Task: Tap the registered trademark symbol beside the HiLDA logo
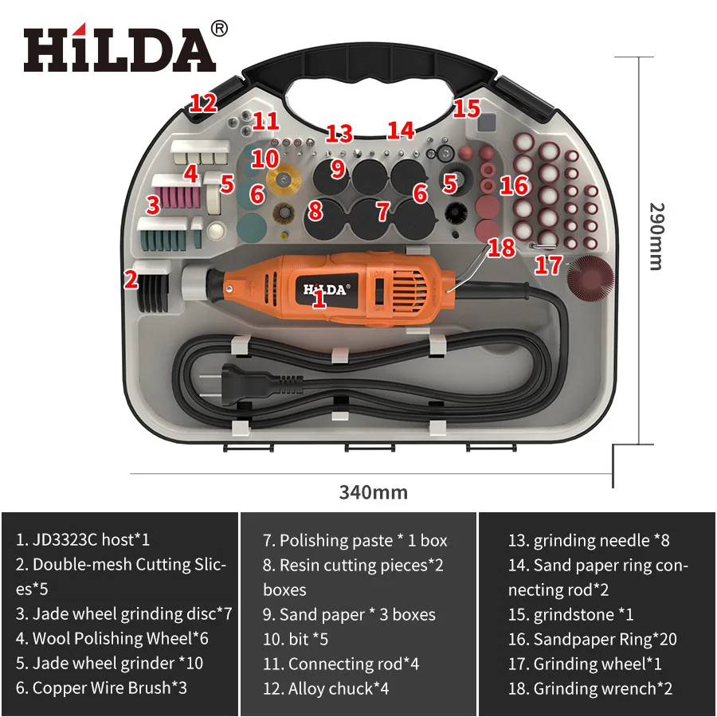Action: click(220, 28)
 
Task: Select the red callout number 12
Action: click(203, 102)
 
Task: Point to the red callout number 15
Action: click(467, 108)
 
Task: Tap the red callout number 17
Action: click(548, 265)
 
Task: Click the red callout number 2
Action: click(130, 280)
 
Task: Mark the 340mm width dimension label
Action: click(373, 492)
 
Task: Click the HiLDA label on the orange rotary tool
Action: click(325, 289)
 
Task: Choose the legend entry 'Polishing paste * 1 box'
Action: click(355, 540)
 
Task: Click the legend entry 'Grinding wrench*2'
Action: click(590, 688)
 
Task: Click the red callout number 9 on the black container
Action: click(338, 168)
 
